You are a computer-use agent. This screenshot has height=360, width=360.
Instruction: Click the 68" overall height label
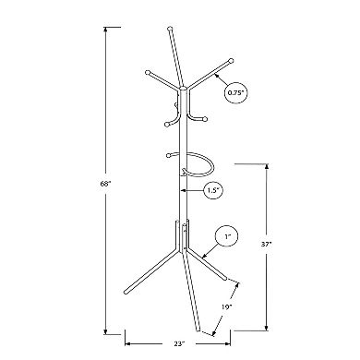point(108,185)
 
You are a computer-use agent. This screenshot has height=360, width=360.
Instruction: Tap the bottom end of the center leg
point(199,330)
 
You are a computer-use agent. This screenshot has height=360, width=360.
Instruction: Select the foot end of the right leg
point(237,281)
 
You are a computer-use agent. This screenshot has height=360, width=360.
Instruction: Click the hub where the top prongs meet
point(183,88)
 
